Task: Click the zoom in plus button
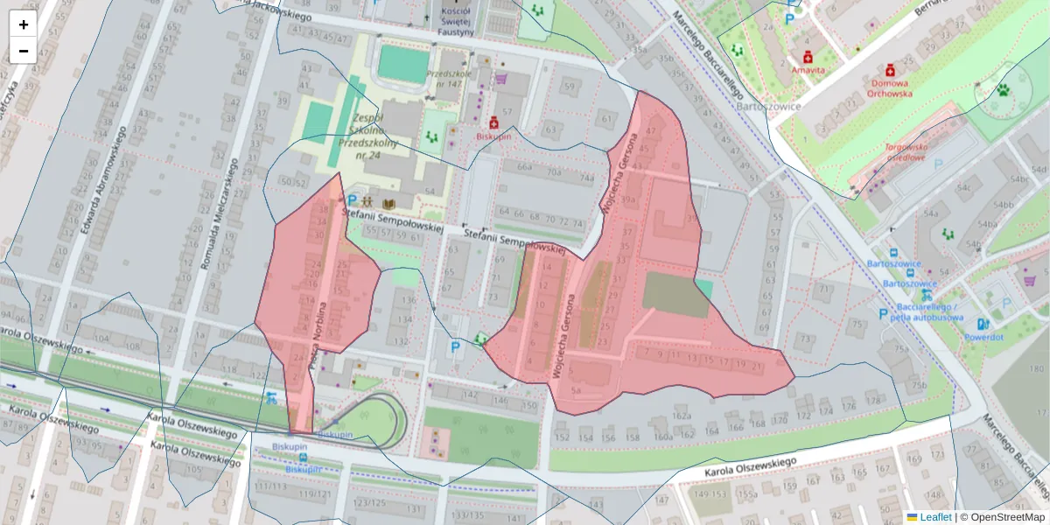coord(24,24)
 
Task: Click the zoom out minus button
coord(24,51)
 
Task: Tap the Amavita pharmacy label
coord(808,68)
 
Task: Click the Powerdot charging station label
coord(983,337)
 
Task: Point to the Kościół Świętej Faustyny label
coord(456,19)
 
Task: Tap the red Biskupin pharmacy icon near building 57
coord(494,123)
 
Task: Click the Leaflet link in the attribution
coord(935,517)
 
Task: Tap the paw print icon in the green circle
coord(1004,89)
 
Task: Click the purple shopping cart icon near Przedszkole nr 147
coord(501,79)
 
